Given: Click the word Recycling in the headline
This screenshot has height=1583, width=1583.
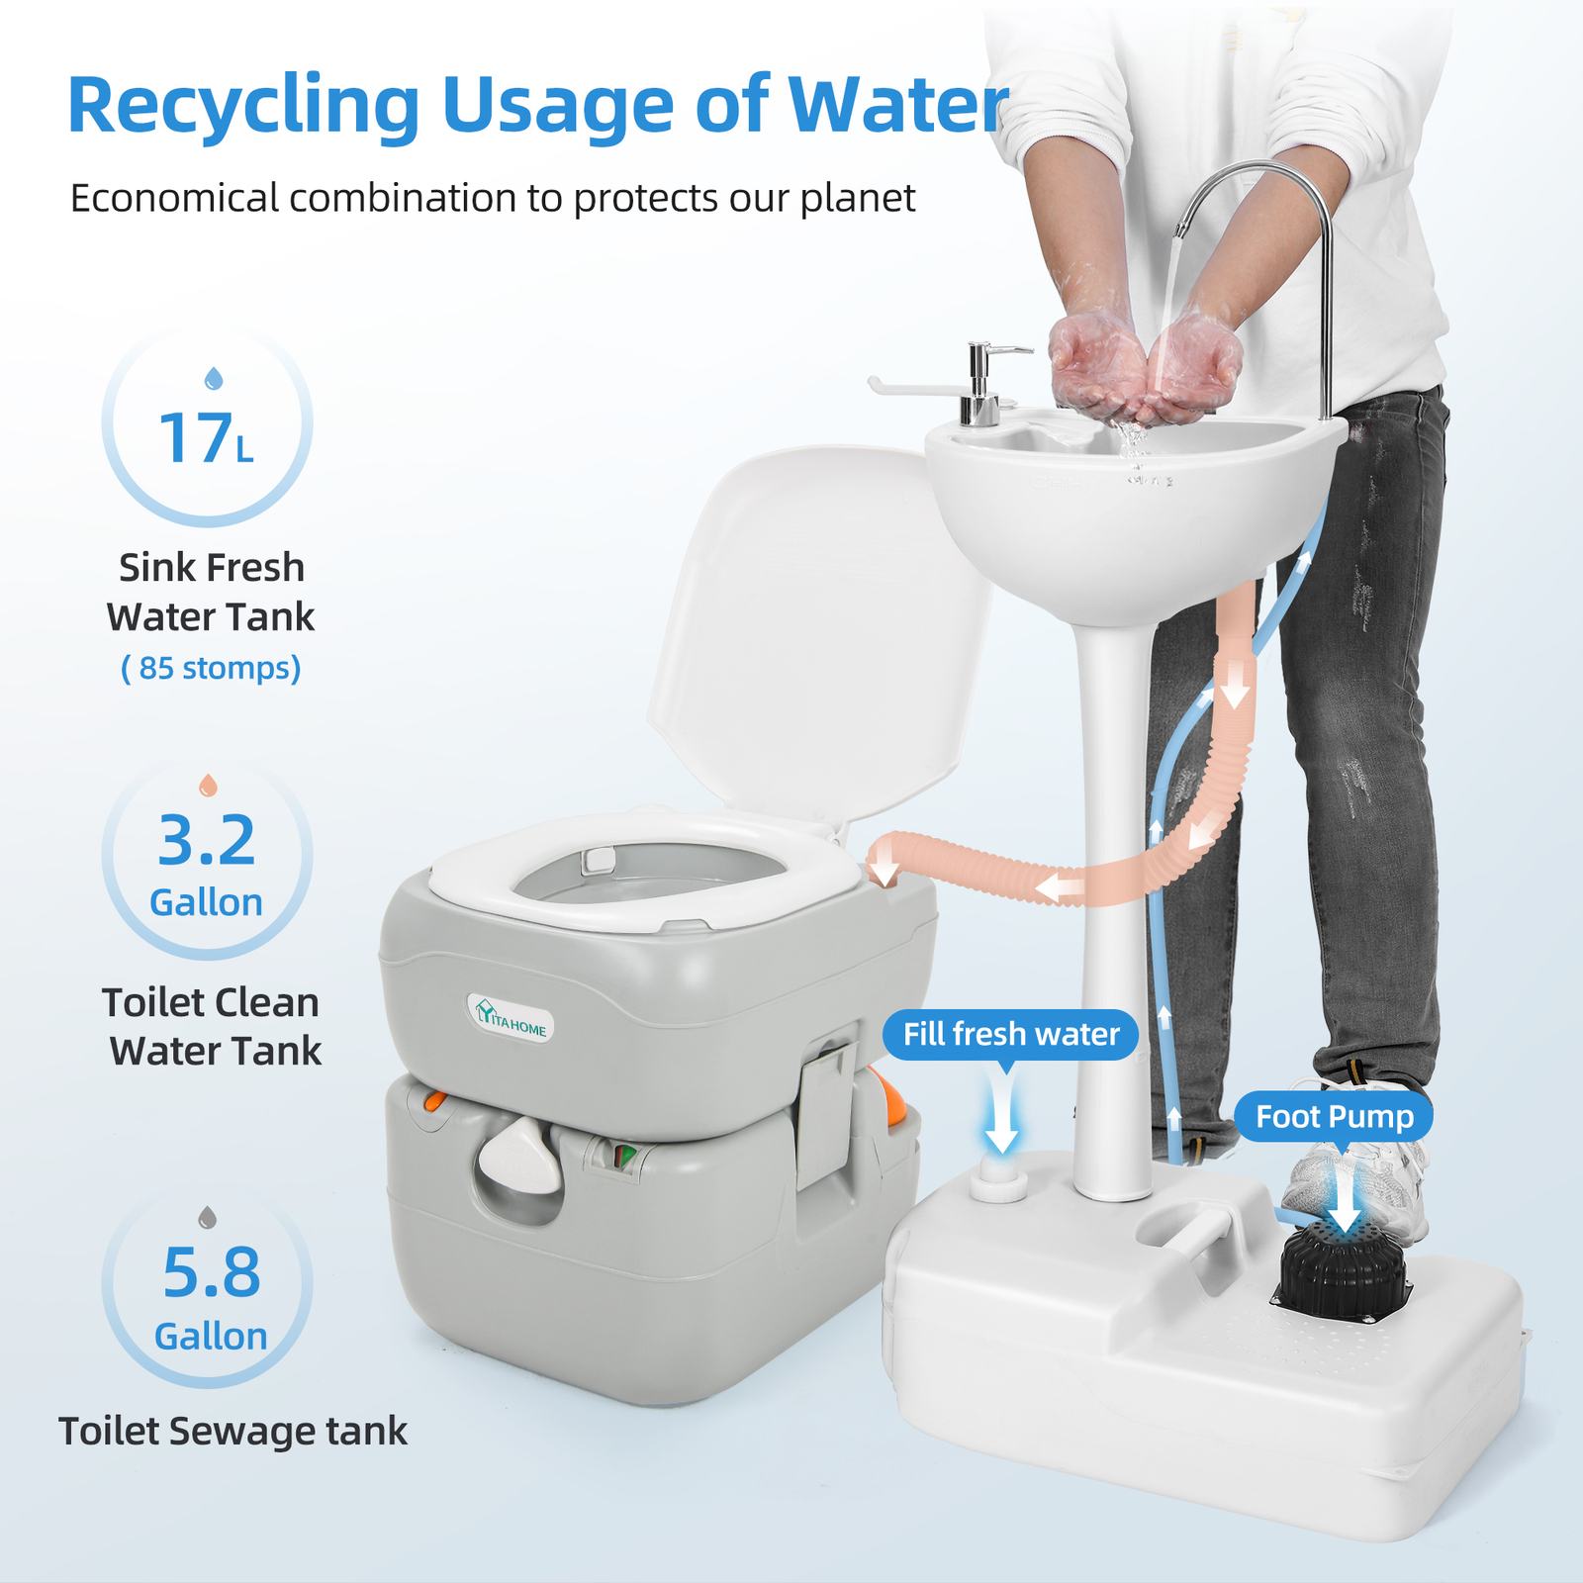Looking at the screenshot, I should pos(243,106).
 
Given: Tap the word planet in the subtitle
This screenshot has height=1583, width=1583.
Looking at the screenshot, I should pos(857,198).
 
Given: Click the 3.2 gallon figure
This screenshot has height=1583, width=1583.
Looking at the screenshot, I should pos(207,841).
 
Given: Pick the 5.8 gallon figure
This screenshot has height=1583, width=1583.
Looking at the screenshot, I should pos(211,1273).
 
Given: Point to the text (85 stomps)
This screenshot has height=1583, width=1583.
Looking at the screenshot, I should pos(211,668).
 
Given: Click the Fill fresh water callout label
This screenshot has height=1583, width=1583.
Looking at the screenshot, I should pos(1010,1035).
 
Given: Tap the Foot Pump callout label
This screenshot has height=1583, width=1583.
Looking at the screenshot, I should pos(1334,1117).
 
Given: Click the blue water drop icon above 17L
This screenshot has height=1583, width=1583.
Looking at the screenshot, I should pos(213,378).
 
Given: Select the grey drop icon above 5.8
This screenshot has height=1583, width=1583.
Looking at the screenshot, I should pos(207,1217).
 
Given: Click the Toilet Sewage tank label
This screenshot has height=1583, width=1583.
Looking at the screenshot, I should pos(233,1432).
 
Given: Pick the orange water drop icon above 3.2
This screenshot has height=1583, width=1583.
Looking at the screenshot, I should pos(208,786).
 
